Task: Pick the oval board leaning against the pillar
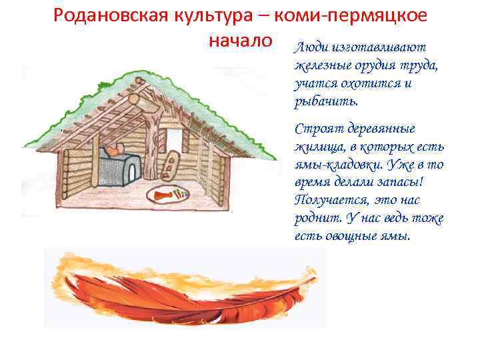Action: (x=170, y=165)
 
